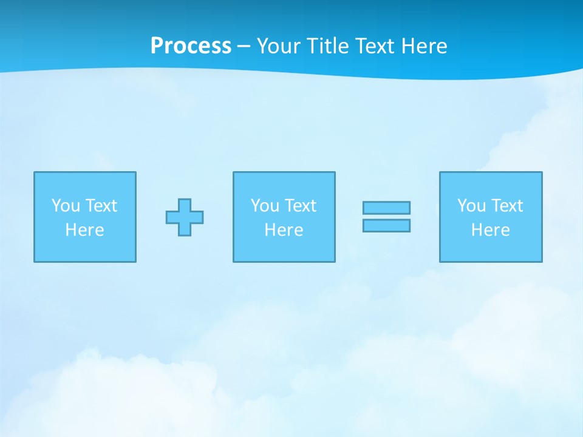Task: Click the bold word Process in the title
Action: point(191,46)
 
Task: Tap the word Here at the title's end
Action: point(424,46)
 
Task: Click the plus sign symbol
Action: point(185,217)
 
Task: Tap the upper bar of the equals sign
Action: point(386,208)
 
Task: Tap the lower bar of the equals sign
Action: point(386,226)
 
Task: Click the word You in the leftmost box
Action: point(66,206)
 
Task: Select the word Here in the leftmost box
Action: point(84,230)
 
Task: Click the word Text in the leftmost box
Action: point(101,206)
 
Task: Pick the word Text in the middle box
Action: point(300,206)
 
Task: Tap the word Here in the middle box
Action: point(284,230)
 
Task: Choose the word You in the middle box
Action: point(265,206)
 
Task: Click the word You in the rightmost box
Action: point(471,206)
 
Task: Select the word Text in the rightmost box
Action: point(506,206)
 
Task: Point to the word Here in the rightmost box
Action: point(490,230)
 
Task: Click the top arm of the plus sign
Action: point(185,205)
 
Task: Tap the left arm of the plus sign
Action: point(172,217)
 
